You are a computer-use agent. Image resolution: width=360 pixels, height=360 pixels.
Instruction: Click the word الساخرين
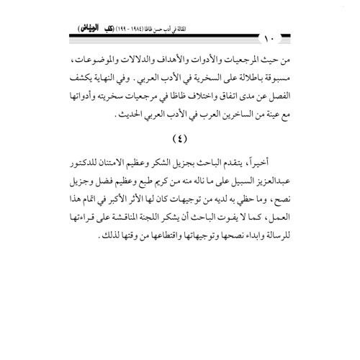(209, 132)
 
